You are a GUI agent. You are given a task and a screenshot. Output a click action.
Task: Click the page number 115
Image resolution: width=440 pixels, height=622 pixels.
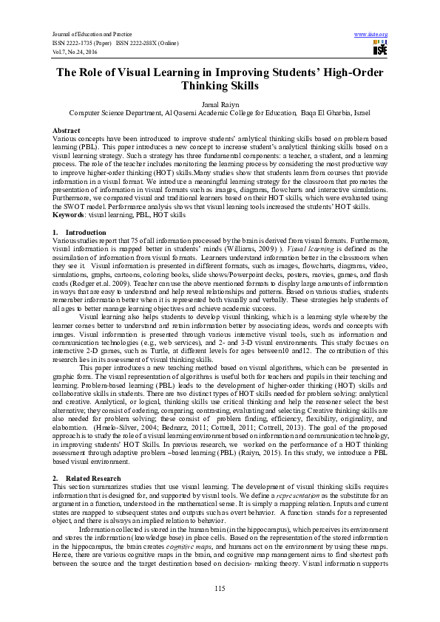pyautogui.click(x=220, y=587)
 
